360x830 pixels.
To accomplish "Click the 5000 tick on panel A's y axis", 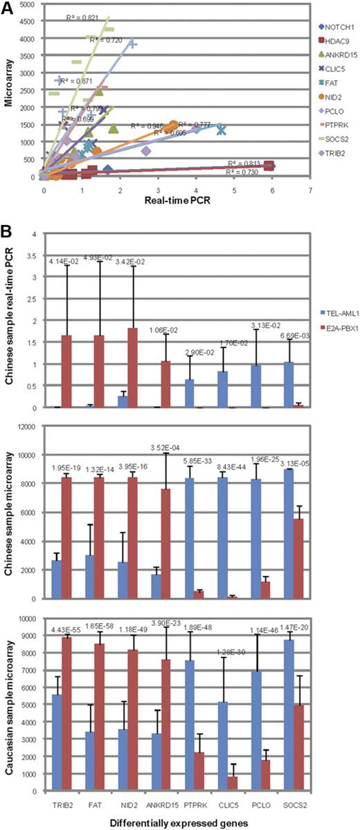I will click(x=31, y=6).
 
